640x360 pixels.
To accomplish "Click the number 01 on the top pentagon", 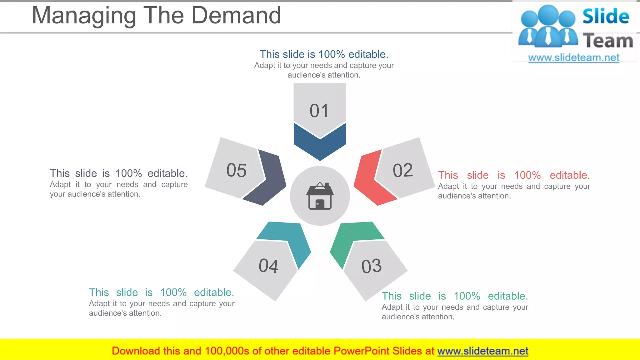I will (319, 111).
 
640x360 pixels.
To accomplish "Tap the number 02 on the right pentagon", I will (403, 171).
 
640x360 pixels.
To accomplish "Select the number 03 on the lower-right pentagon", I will (372, 266).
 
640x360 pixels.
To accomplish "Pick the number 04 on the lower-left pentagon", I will (268, 266).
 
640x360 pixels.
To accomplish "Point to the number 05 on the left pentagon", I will (237, 171).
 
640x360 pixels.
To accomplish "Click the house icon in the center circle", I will (320, 196).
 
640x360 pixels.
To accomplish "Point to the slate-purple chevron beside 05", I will (269, 180).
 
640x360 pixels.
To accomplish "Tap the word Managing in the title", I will (84, 16).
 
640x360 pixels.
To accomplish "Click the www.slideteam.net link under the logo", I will (574, 58).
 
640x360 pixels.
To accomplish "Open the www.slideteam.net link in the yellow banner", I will (482, 351).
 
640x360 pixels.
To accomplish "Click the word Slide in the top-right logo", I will (606, 16).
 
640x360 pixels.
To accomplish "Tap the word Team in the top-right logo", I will (608, 41).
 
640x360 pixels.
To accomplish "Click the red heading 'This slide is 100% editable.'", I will (514, 175).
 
